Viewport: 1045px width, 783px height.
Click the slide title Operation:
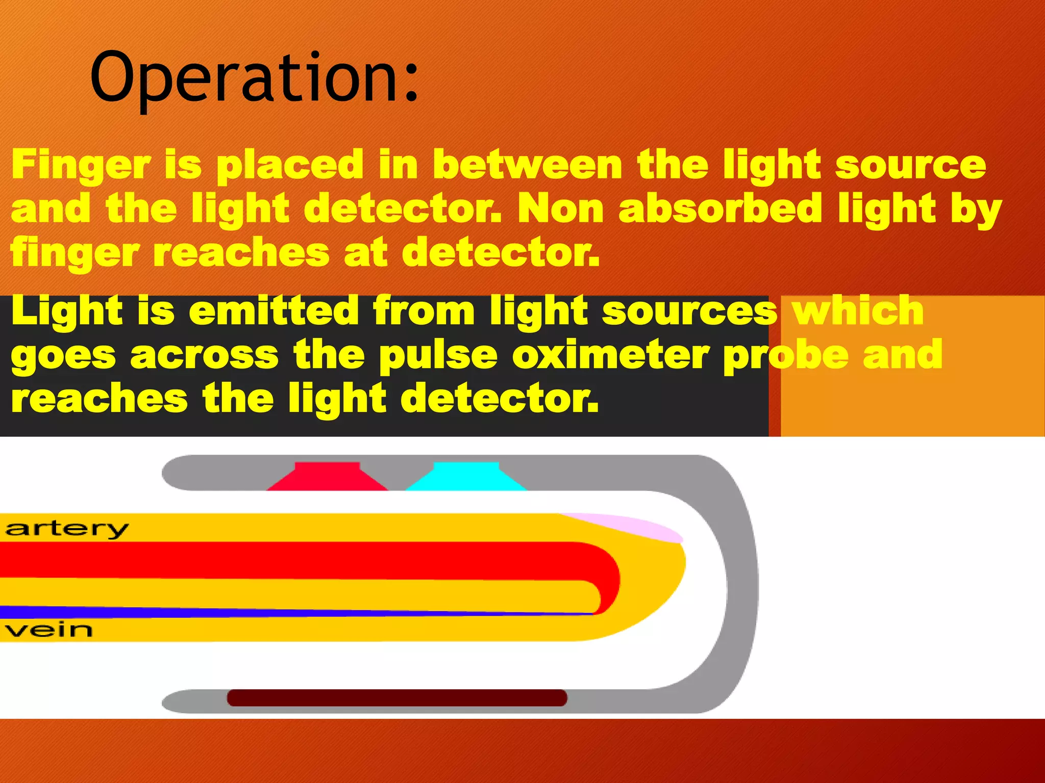click(x=254, y=77)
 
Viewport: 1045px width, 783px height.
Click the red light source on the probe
click(x=327, y=477)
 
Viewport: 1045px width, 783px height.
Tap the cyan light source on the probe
click(x=466, y=477)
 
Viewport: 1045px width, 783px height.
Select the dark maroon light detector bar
click(x=397, y=698)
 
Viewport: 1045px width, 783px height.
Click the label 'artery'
click(x=67, y=529)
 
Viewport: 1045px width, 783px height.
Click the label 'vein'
click(x=49, y=630)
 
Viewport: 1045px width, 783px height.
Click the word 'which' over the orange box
click(x=858, y=310)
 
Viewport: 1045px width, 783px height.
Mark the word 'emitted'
click(x=274, y=310)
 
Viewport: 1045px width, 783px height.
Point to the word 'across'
click(x=205, y=355)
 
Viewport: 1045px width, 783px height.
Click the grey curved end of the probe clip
click(x=740, y=581)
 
